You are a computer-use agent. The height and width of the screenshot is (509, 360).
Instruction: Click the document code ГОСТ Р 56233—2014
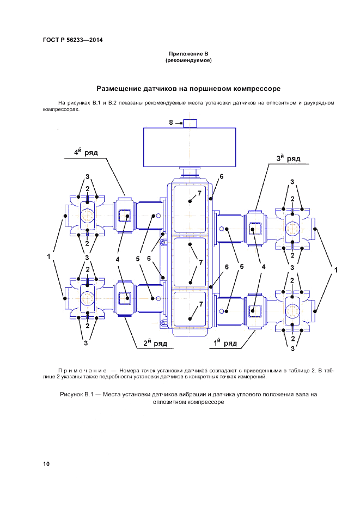(72, 40)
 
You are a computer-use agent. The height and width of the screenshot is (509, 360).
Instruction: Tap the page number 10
(46, 464)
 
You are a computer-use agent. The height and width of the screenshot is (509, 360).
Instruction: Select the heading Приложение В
(188, 54)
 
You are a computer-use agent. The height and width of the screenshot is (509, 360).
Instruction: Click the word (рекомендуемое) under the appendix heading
(188, 60)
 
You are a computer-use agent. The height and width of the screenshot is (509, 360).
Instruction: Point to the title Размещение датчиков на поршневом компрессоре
(188, 88)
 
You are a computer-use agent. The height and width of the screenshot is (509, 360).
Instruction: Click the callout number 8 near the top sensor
(170, 123)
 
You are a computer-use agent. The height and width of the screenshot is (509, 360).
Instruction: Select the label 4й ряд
(86, 153)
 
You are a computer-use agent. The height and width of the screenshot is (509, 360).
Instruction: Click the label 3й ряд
(289, 158)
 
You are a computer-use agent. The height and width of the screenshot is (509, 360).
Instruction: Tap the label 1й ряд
(224, 343)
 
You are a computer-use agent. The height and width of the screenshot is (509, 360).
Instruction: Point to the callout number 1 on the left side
(50, 256)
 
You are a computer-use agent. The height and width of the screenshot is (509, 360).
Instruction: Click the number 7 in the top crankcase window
(199, 193)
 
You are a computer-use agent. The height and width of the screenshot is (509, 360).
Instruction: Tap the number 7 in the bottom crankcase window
(200, 303)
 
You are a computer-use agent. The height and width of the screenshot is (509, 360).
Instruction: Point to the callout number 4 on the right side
(263, 267)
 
